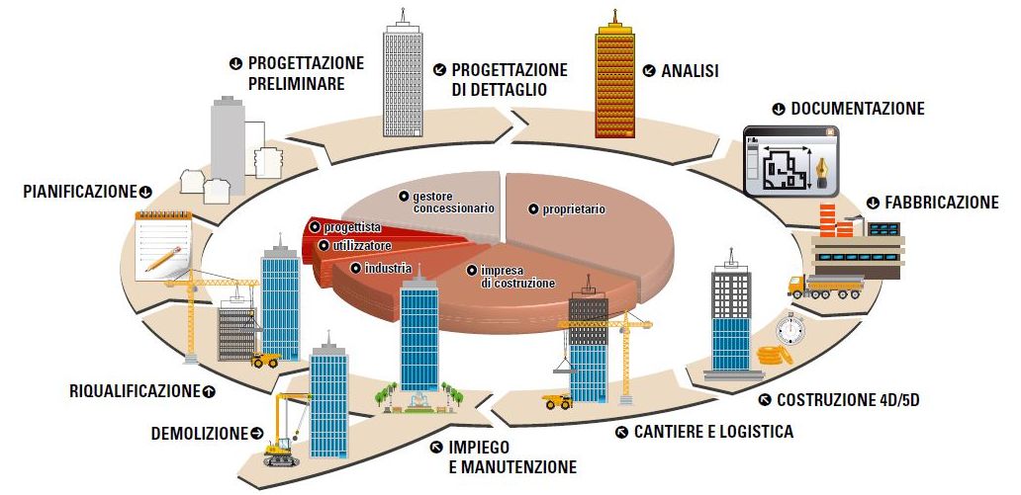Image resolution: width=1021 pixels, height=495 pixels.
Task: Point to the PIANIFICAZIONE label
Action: tap(79, 191)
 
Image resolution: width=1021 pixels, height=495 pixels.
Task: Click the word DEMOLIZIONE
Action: tap(200, 433)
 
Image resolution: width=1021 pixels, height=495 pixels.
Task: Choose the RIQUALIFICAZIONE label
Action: tap(135, 390)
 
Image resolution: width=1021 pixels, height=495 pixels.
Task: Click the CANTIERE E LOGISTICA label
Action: tap(712, 432)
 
